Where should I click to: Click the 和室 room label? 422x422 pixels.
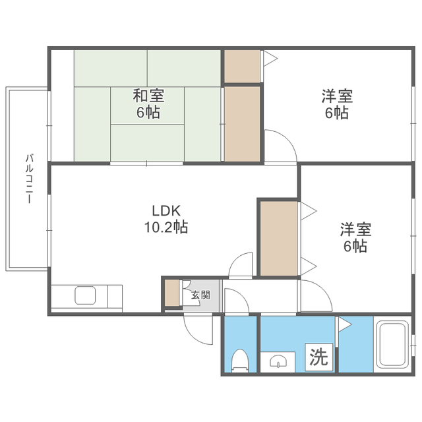148,96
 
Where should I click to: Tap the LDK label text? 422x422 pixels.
166,211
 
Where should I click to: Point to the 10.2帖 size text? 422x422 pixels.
166,227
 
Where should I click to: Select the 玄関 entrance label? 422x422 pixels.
200,295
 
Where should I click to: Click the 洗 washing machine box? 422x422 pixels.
319,357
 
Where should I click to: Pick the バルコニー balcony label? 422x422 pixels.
29,179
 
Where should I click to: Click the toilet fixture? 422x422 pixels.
240,361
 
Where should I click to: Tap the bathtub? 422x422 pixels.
393,344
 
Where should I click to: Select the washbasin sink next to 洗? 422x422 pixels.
278,361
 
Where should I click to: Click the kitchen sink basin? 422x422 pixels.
85,295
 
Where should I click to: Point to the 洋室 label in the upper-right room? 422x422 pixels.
337,96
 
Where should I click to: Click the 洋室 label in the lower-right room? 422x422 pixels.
355,229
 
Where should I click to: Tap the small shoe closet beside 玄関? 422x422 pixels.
171,293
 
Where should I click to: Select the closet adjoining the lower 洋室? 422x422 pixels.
278,239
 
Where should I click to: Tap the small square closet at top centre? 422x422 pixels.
242,66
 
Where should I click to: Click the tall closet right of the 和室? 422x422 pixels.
242,124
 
